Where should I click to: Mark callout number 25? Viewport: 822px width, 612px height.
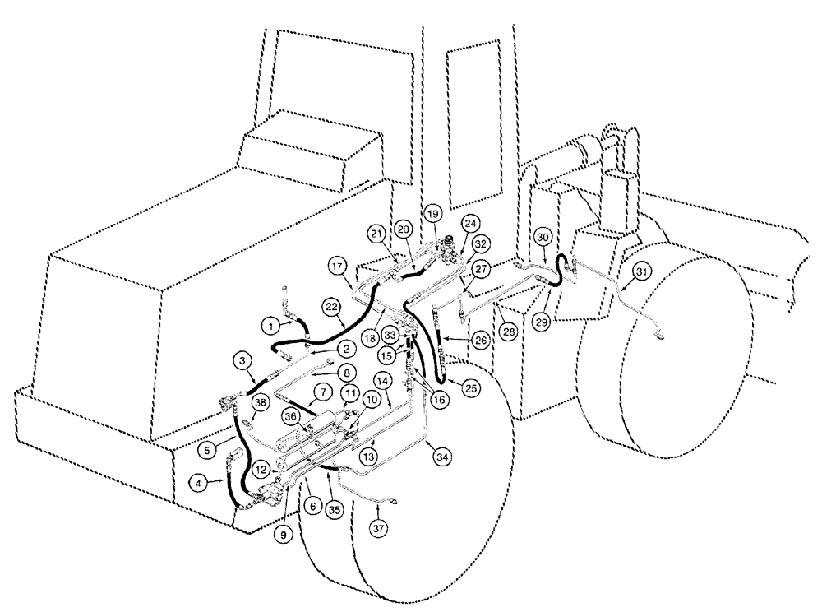pyautogui.click(x=469, y=386)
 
